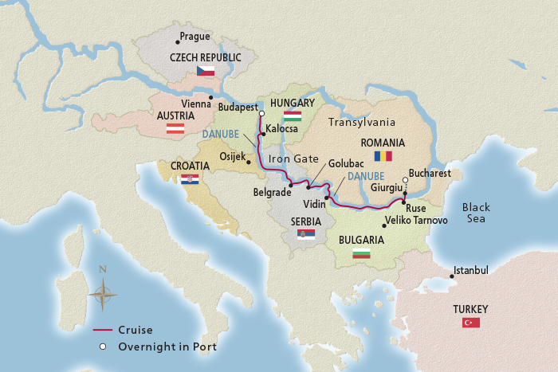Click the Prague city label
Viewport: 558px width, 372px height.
[195, 37]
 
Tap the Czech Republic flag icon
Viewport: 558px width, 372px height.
[206, 71]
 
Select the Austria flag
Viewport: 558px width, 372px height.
[175, 127]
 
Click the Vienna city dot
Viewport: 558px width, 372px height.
[210, 97]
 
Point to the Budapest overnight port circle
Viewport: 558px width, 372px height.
[261, 115]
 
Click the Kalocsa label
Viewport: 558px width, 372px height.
[282, 127]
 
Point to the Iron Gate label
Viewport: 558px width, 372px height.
[293, 159]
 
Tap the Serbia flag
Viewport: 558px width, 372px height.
[305, 234]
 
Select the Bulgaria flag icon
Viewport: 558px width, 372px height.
[361, 253]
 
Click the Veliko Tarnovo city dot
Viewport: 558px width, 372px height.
[383, 226]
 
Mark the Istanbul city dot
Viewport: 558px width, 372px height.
[452, 276]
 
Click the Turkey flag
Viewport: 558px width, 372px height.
[470, 323]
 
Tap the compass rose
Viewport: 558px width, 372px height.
[102, 292]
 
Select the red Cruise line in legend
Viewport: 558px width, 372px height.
[102, 330]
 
